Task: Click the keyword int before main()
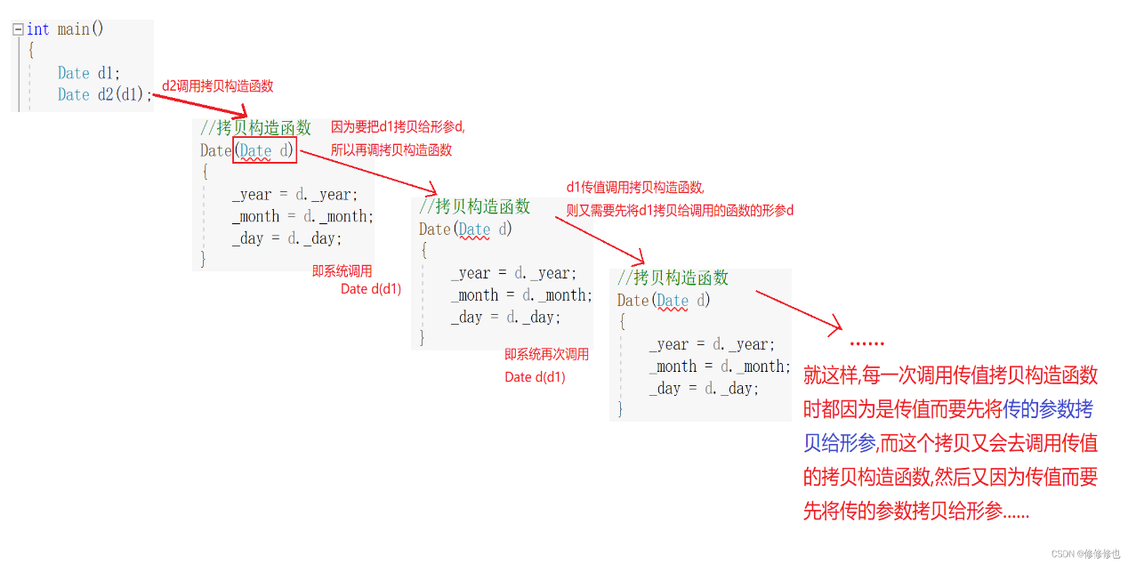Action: click(x=38, y=29)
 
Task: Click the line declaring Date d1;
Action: click(x=88, y=73)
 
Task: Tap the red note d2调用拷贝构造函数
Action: click(x=217, y=86)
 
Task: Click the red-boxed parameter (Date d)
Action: click(x=264, y=150)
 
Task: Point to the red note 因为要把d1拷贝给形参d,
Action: click(x=398, y=127)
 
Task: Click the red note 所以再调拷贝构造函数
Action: click(x=391, y=150)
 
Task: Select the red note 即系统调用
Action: click(x=342, y=271)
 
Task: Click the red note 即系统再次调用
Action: click(x=546, y=354)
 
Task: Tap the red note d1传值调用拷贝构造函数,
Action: click(x=635, y=188)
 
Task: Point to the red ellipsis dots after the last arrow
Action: click(x=866, y=343)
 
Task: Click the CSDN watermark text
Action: click(x=1085, y=553)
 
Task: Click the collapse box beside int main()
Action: click(x=18, y=29)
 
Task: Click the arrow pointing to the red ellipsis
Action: click(x=798, y=311)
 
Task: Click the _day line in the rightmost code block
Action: click(x=704, y=388)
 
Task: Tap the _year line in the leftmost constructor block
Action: click(x=294, y=195)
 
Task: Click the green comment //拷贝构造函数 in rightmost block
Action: click(x=673, y=278)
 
